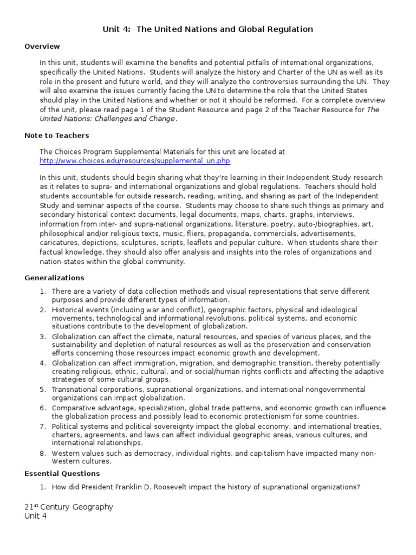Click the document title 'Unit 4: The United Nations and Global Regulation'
pos(208,29)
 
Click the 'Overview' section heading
pos(42,47)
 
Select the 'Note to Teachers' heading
pos(57,135)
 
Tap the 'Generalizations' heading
pos(54,278)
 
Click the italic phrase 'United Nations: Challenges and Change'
pos(108,119)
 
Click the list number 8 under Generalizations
pos(43,454)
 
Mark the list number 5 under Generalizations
pos(43,389)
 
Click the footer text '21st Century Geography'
pos(69,507)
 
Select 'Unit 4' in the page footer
pos(36,517)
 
